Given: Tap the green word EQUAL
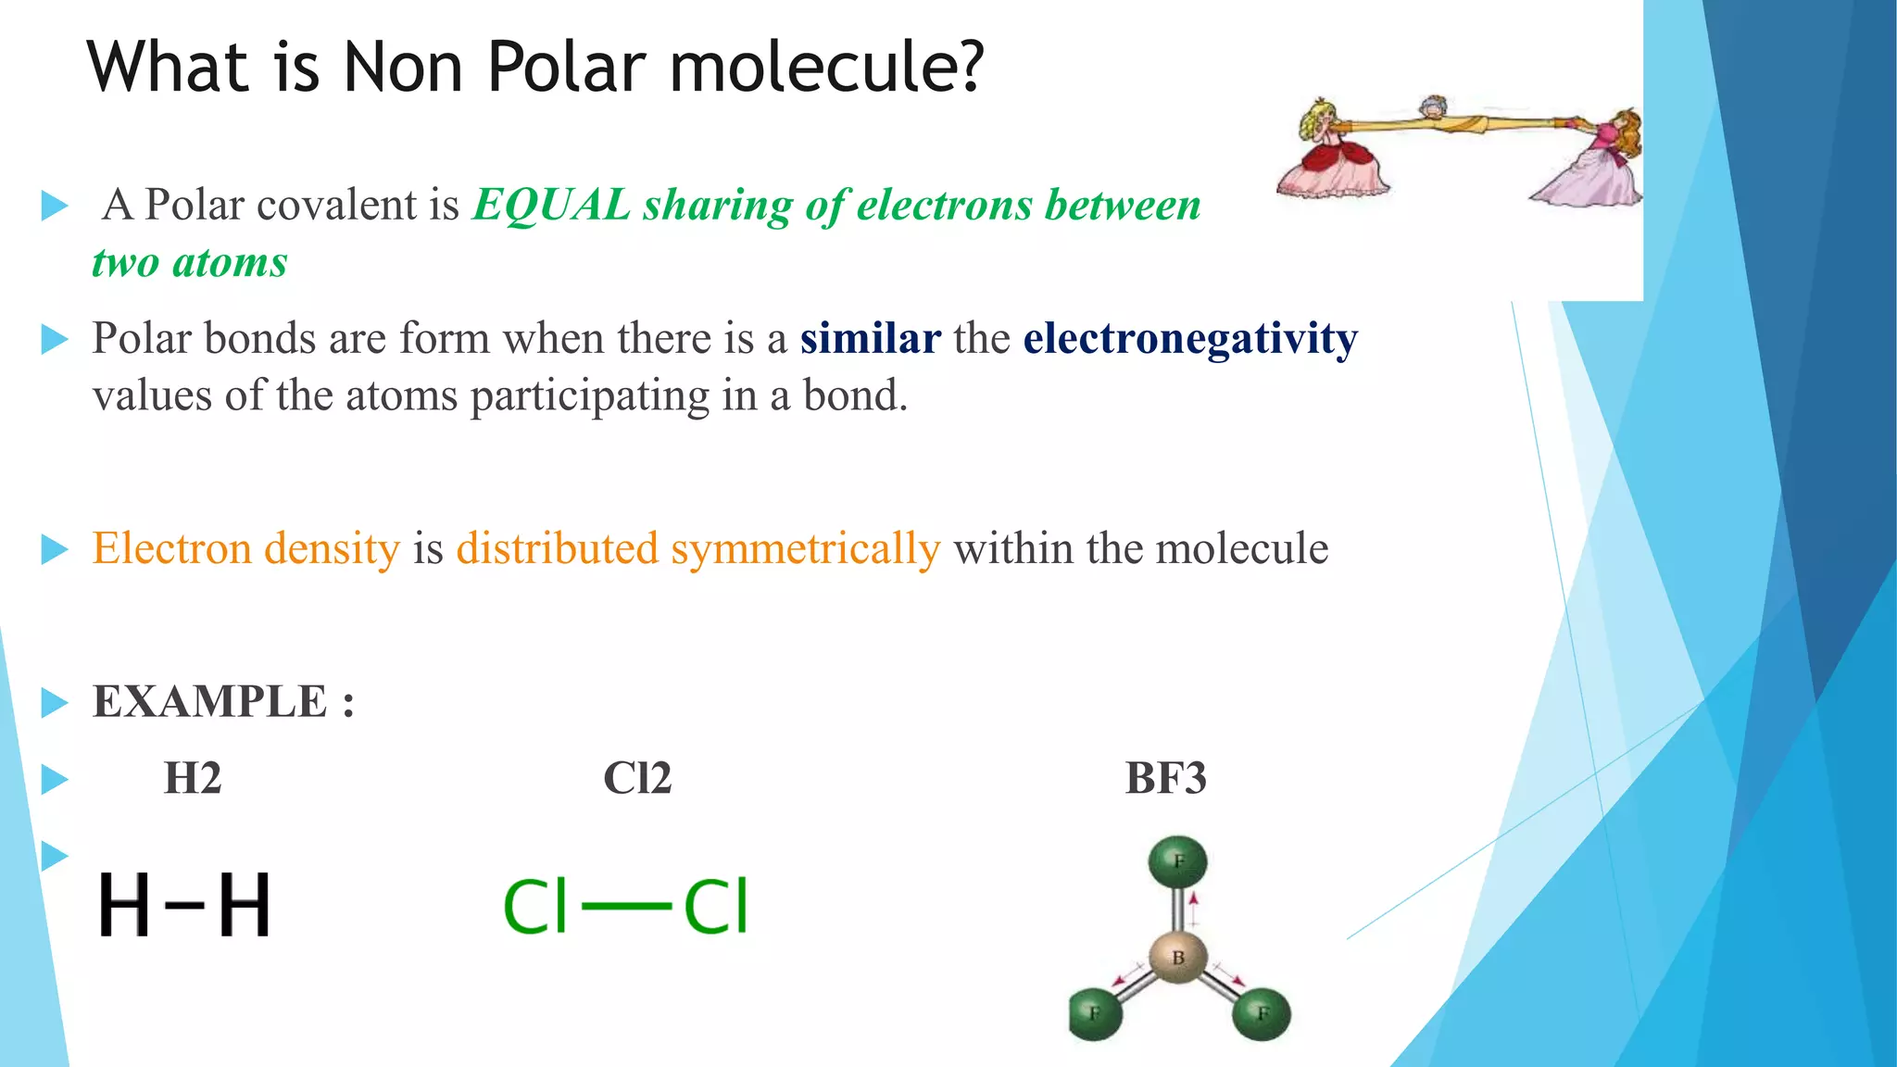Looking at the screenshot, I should point(551,205).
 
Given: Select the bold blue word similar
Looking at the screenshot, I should point(870,338).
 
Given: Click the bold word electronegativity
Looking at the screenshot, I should point(1189,338).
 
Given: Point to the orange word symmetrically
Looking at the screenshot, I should point(805,548).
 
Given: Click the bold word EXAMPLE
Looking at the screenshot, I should point(210,701).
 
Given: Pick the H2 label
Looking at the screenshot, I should point(193,778).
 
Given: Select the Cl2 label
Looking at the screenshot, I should point(637,778).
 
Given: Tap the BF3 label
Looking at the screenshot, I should point(1165,778).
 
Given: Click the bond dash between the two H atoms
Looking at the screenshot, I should point(184,904).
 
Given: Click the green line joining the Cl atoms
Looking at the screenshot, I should point(626,906).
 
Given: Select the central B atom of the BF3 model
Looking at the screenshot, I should point(1178,958).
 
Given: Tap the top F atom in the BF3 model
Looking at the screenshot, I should point(1178,861).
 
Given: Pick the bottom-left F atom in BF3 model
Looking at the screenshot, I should point(1096,1013).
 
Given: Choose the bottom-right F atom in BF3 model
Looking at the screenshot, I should point(1262,1013).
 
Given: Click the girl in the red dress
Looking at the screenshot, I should point(1332,153).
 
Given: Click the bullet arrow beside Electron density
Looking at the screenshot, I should point(55,549).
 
